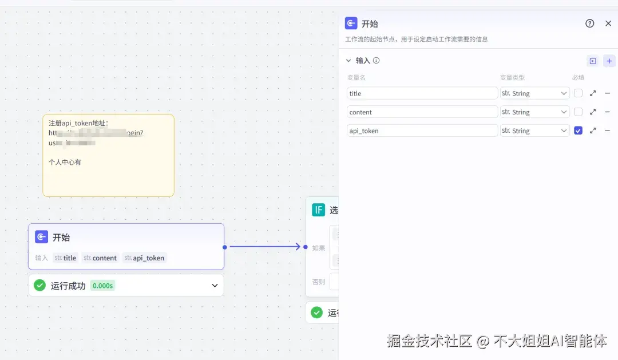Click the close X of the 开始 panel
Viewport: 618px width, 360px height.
pos(608,23)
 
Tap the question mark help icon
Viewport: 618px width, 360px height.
pos(590,23)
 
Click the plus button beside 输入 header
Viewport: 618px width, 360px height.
pos(609,61)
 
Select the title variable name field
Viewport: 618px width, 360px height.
pos(422,93)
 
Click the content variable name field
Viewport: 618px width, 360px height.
pos(422,112)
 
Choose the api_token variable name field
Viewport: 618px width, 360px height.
pos(422,131)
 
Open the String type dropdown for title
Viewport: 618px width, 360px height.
pos(535,93)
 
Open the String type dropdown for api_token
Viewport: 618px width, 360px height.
pos(535,131)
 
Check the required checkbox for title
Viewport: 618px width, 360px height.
pos(579,93)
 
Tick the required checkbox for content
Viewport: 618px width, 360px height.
pos(579,112)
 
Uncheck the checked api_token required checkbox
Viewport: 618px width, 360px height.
pos(579,131)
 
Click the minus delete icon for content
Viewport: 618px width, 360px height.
pos(607,112)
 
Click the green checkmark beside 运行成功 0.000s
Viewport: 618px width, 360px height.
pos(39,285)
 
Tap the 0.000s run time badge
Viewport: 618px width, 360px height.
pos(102,286)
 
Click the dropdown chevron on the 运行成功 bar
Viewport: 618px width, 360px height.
pos(215,286)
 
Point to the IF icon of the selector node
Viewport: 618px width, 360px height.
pos(318,210)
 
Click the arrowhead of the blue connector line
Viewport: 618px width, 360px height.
pos(297,247)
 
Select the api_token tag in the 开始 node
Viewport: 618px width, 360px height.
pos(145,258)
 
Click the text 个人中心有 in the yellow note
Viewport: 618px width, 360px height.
pos(65,163)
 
